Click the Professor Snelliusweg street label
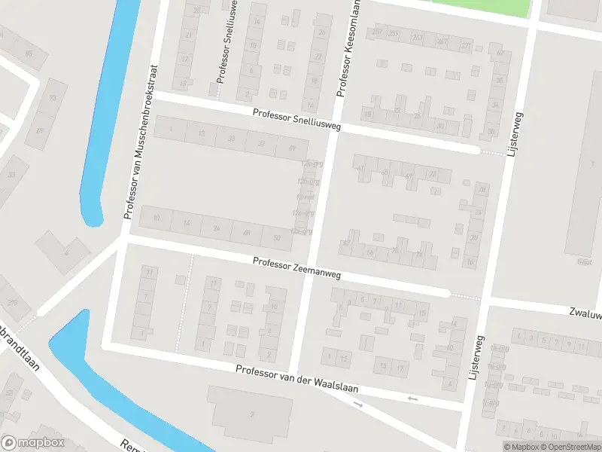point(296,120)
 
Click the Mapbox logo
point(32,442)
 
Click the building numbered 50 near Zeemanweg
point(277,238)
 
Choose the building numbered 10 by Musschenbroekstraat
point(156,218)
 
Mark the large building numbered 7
point(252,414)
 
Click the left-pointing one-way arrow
point(411,398)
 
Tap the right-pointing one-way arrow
point(358,405)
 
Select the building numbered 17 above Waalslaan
point(399,367)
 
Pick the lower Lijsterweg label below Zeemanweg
point(474,362)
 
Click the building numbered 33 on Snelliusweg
point(231,139)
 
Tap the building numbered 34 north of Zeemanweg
point(216,228)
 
